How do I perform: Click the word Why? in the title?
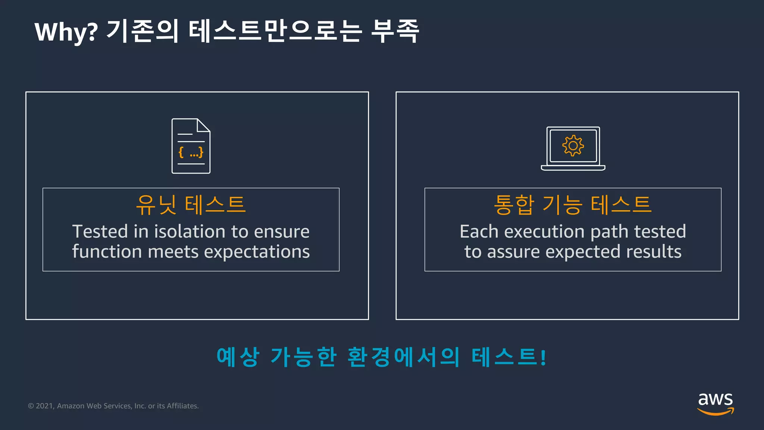66,32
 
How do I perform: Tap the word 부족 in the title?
395,31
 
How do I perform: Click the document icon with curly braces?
191,146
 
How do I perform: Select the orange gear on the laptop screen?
573,146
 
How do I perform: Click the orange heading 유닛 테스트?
191,205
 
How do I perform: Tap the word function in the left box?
107,252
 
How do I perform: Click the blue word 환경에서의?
403,357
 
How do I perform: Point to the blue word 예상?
238,357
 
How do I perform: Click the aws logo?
716,403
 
